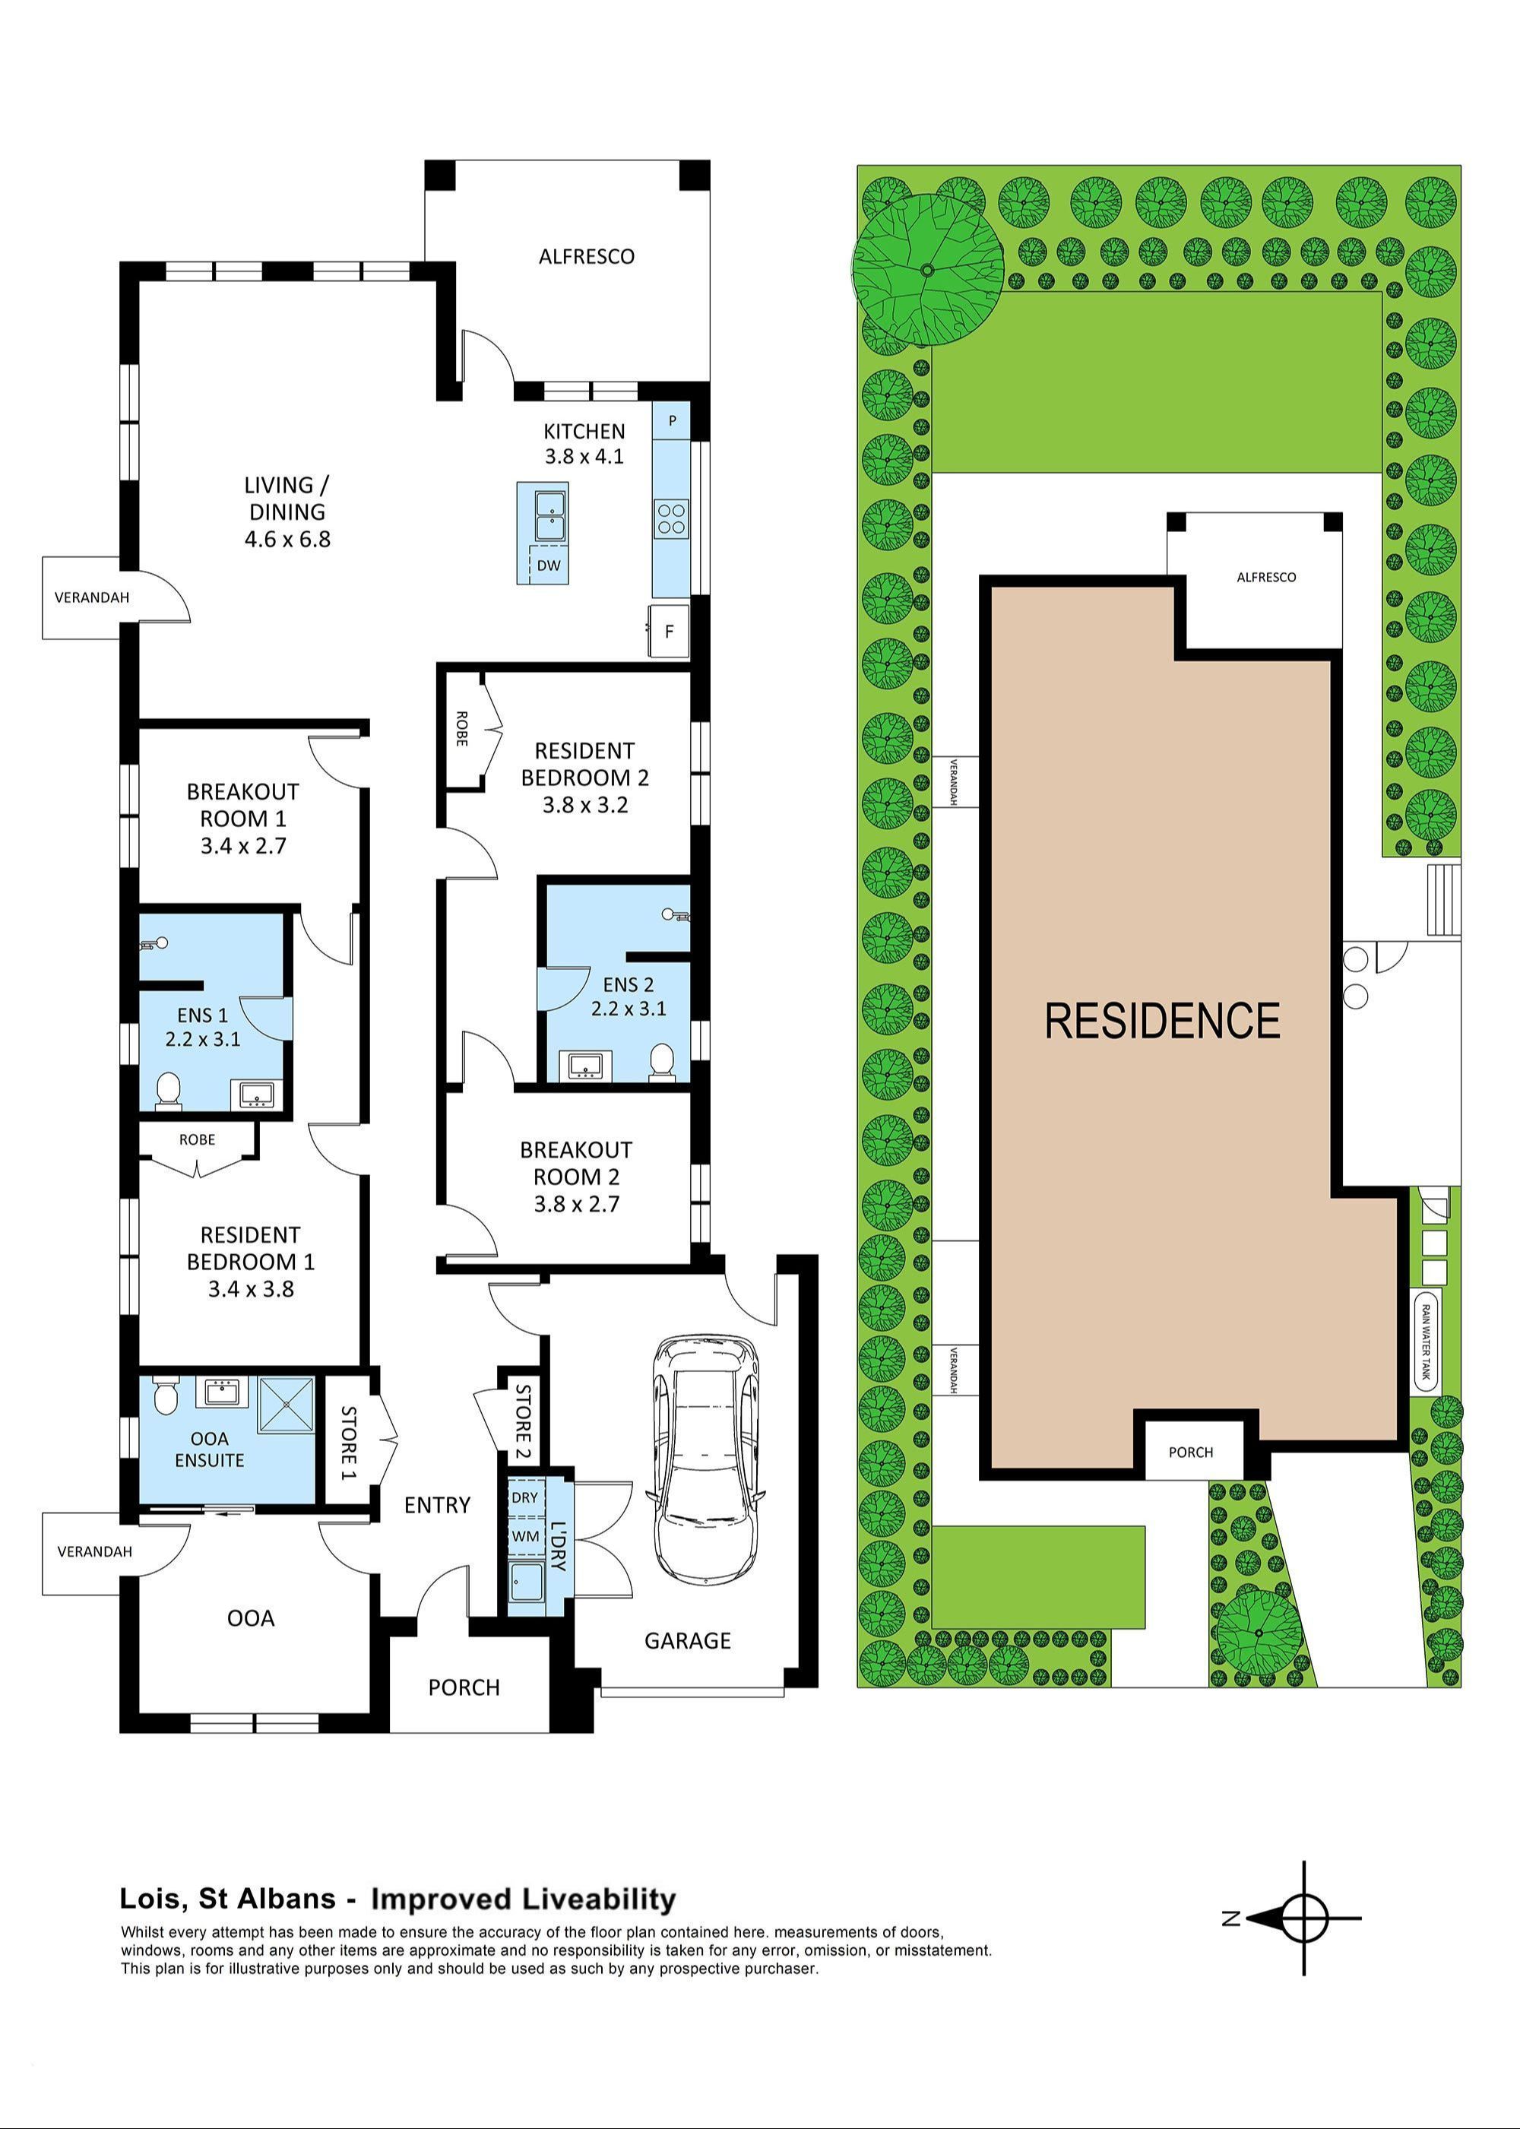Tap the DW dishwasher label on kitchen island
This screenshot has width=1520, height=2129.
point(549,566)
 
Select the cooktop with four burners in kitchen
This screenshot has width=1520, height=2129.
point(670,518)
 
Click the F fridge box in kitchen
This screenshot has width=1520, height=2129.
point(670,631)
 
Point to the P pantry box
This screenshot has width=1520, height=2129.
point(671,421)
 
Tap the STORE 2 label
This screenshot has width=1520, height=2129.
point(522,1421)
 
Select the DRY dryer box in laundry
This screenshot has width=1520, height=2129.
point(524,1497)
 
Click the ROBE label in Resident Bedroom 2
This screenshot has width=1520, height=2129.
point(461,728)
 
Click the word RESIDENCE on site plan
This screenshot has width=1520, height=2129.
point(1161,1021)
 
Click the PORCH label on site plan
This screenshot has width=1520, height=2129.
point(1191,1453)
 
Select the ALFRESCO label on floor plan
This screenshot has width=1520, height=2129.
point(586,256)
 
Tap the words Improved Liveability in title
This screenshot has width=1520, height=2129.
point(523,1899)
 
